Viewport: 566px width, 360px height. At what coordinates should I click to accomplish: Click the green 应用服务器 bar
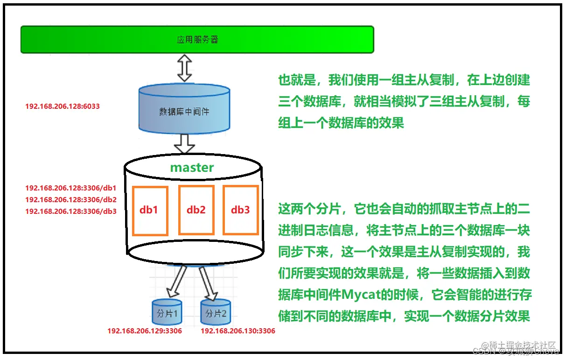point(197,40)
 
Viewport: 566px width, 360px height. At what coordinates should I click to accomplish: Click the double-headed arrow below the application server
point(185,68)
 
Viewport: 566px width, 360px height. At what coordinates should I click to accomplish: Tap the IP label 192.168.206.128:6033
point(62,106)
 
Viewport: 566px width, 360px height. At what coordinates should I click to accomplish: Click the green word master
point(192,168)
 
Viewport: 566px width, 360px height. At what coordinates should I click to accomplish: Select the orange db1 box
point(149,211)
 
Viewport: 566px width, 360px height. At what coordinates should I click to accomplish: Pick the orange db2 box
point(196,210)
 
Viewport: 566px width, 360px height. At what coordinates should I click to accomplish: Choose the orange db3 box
point(240,210)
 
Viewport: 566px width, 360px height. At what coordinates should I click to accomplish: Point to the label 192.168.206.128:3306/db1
point(70,189)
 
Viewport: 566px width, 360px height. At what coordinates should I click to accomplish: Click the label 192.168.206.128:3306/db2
point(70,200)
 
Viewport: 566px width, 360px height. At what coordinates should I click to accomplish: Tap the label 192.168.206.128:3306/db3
point(70,211)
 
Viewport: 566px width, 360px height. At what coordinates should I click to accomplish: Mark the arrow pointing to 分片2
point(209,283)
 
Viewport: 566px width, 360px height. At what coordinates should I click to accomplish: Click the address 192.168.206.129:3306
point(145,331)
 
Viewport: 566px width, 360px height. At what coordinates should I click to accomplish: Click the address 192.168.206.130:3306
point(238,331)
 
